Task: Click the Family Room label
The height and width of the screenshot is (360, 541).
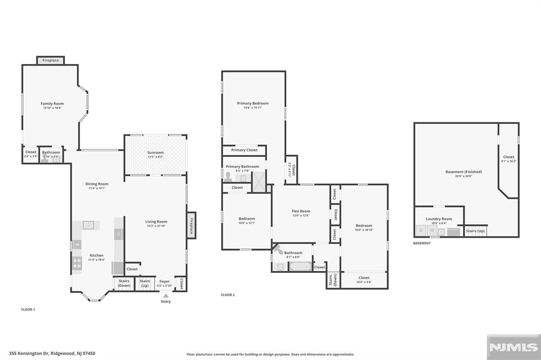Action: (x=52, y=103)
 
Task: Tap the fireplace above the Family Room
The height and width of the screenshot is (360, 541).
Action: (x=51, y=61)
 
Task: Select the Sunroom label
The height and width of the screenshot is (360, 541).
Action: (x=155, y=153)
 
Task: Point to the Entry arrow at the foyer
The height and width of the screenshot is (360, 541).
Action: (x=165, y=296)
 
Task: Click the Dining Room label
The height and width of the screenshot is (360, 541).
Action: (x=97, y=184)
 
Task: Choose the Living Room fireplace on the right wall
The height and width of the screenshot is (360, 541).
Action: (x=192, y=225)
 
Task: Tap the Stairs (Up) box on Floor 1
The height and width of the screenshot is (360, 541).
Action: (x=145, y=283)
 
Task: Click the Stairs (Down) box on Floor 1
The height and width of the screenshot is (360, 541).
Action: (x=124, y=283)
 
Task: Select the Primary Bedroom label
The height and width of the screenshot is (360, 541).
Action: (x=253, y=103)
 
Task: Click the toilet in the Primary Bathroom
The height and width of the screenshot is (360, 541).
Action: (x=228, y=176)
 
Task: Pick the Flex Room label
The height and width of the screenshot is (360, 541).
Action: (x=301, y=211)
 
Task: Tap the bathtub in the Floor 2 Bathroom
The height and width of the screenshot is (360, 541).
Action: (x=300, y=267)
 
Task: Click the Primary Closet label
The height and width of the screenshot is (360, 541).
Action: (x=244, y=150)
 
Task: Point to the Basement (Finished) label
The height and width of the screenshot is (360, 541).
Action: (x=463, y=172)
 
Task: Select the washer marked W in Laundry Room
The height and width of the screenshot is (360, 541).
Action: (x=432, y=230)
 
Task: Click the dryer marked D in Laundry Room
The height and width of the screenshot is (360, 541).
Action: (x=421, y=230)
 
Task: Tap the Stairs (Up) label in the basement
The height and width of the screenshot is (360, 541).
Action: (x=475, y=231)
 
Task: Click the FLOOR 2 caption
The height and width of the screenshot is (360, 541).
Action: (x=228, y=295)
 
